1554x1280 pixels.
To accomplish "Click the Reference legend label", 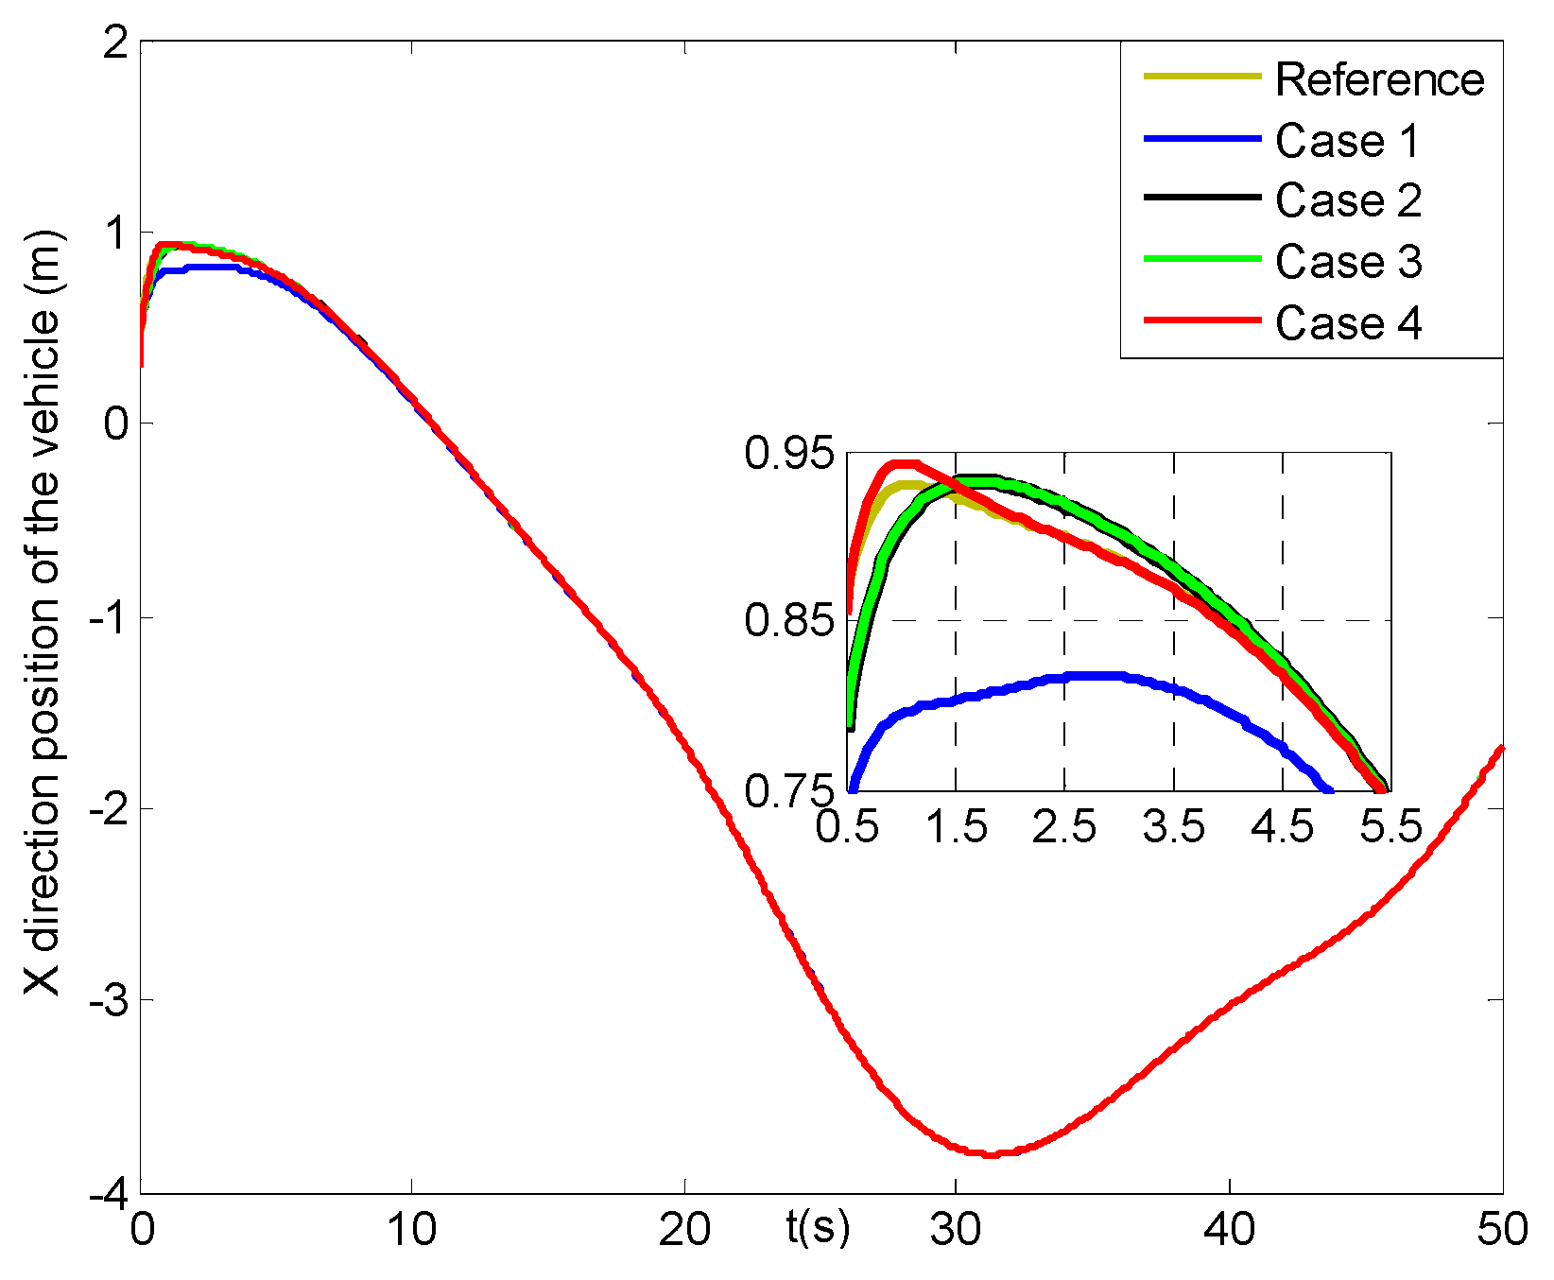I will [1379, 79].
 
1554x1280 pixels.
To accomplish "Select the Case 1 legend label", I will [1347, 141].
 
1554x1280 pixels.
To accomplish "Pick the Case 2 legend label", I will [1348, 200].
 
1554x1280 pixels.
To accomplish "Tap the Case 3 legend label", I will [1348, 262].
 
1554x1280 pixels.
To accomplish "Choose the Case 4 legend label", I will [1348, 323].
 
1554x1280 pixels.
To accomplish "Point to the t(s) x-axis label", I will [818, 1227].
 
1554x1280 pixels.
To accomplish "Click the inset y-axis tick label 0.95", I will [790, 453].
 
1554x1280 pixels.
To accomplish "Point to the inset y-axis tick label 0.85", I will [790, 621].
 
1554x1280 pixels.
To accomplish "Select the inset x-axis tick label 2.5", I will [1064, 827].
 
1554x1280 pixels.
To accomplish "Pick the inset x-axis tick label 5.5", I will [1390, 827].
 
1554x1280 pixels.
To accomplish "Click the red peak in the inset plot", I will [903, 463].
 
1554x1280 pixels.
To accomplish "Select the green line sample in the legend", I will [1202, 260].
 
